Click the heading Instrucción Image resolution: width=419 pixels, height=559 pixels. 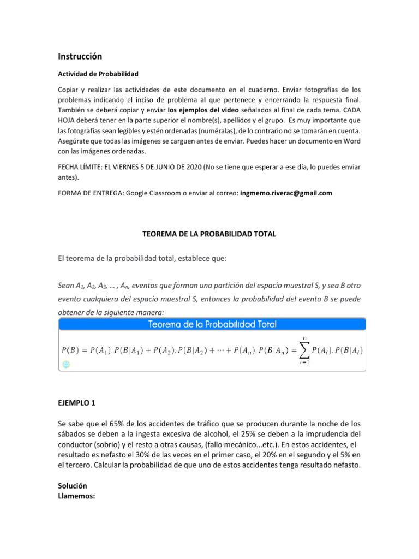coord(80,56)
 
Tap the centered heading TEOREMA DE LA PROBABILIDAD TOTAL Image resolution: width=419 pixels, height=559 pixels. coord(209,234)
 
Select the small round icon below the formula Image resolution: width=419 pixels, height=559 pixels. coord(66,364)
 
